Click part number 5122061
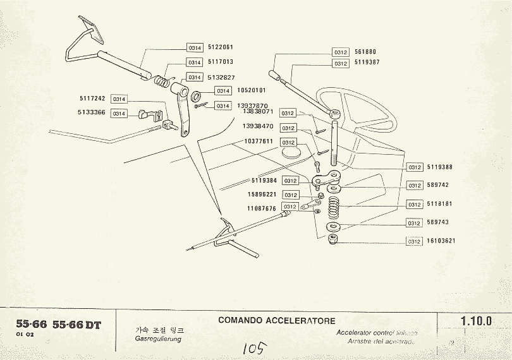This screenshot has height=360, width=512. pos(220,47)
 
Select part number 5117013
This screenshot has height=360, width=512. pos(220,63)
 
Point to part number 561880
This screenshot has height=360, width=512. pos(365,52)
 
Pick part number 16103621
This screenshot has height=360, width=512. pos(441,241)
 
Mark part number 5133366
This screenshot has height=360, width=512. pos(93,113)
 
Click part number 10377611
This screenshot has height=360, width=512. pos(258,142)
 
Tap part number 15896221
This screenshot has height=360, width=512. pos(261,195)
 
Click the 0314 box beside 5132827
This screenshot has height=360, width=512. pos(195,77)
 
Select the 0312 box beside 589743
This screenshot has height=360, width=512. pos(414,223)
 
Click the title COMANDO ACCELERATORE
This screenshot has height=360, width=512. pos(277,321)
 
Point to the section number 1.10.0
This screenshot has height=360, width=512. pos(477,321)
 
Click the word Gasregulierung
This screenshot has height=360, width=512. pos(158,339)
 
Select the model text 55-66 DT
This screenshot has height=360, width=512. pos(76,325)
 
